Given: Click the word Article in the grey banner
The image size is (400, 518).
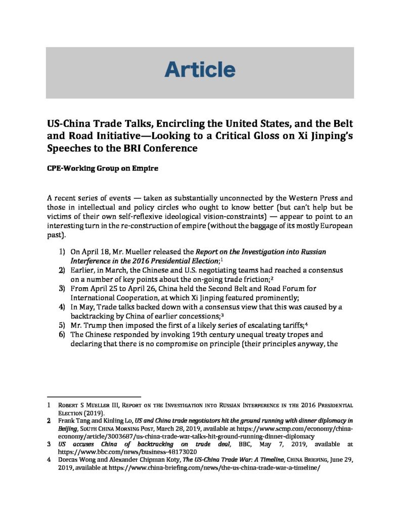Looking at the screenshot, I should (x=200, y=70).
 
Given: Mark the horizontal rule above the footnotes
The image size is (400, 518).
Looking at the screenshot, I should (x=93, y=397).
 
